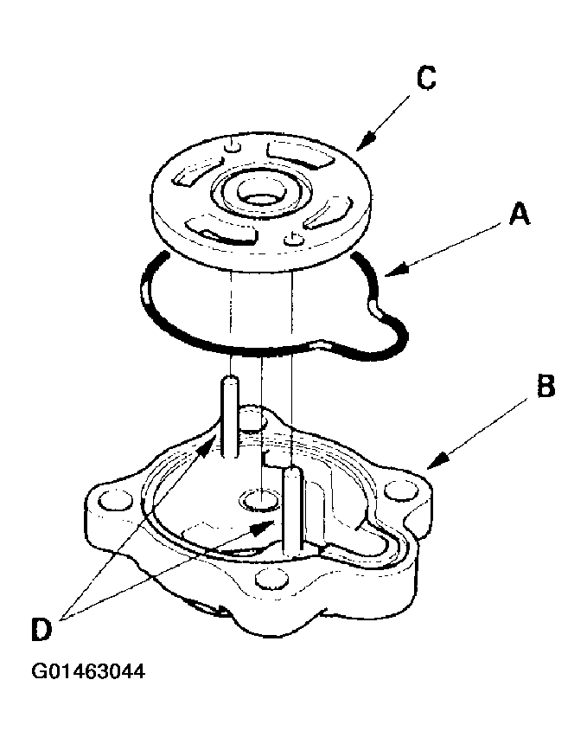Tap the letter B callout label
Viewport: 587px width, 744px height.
pos(545,387)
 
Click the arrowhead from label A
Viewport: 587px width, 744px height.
pos(390,275)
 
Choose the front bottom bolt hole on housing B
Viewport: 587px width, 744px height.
pos(271,581)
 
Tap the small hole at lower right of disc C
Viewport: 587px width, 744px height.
pos(296,236)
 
